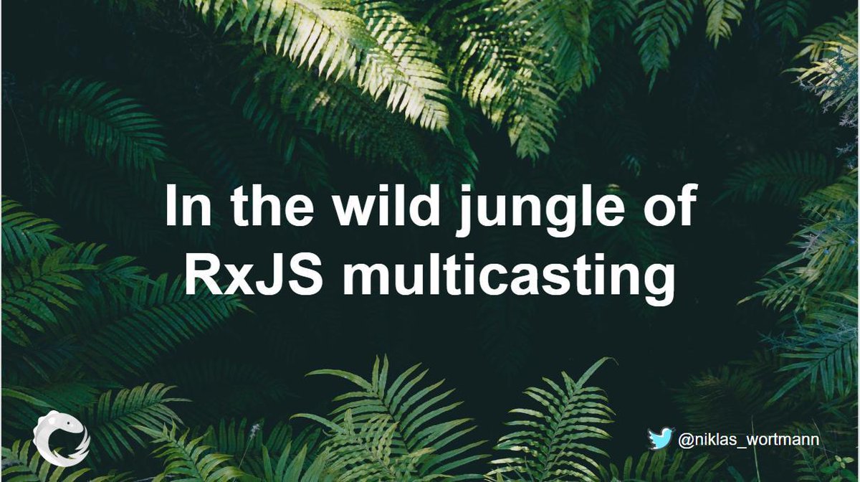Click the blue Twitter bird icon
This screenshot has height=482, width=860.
[661, 438]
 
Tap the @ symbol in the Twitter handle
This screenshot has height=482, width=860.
[684, 439]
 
